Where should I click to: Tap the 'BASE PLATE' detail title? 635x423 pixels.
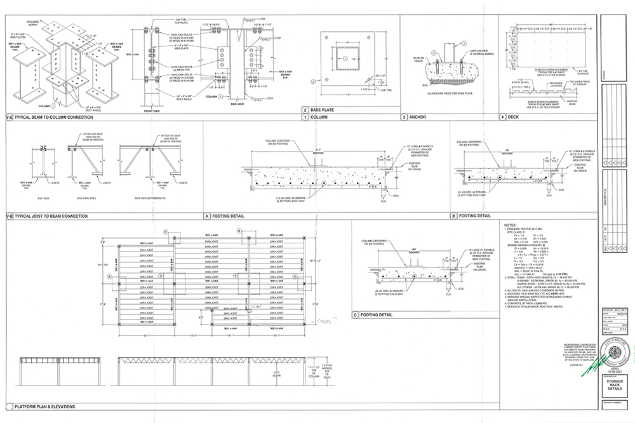[x=324, y=109]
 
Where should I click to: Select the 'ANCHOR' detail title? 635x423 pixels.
[x=417, y=117]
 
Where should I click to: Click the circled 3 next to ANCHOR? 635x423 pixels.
[x=404, y=117]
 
